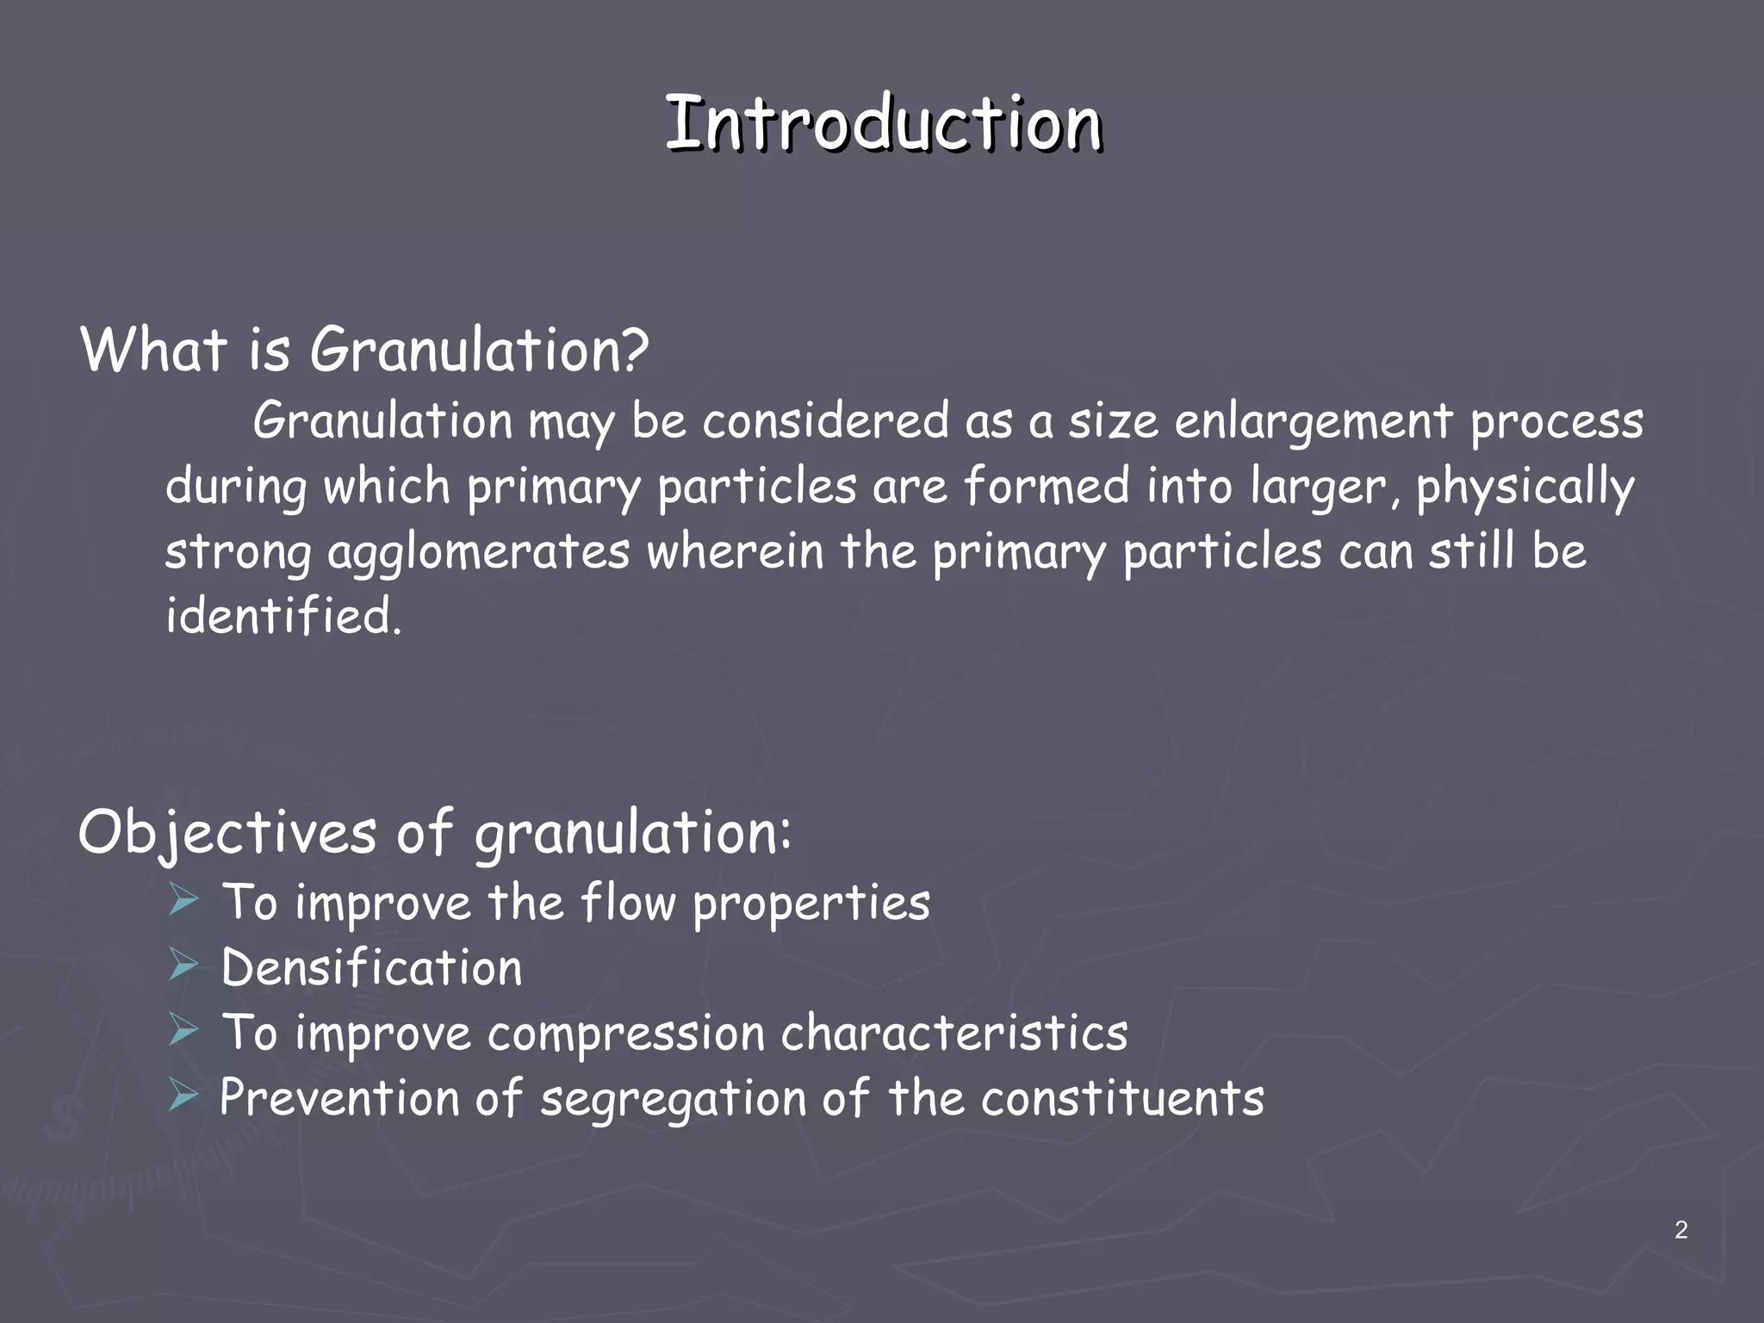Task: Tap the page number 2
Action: (x=1680, y=1230)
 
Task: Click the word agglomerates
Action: (x=479, y=553)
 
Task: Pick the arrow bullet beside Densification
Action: (x=183, y=966)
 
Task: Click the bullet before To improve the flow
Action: (x=183, y=900)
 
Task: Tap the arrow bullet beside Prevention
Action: (x=183, y=1096)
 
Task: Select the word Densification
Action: (x=372, y=967)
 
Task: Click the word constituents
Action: (x=1122, y=1098)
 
